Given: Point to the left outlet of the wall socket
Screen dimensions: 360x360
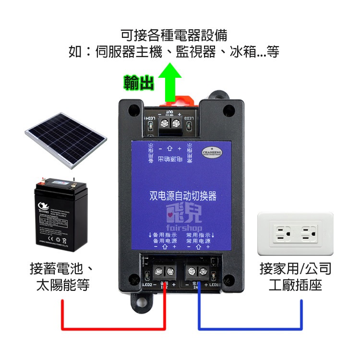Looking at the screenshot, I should [281, 234].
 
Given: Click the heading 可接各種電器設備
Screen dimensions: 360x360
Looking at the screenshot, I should [174, 35].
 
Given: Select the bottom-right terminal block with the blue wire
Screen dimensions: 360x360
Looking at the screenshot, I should [198, 271].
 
